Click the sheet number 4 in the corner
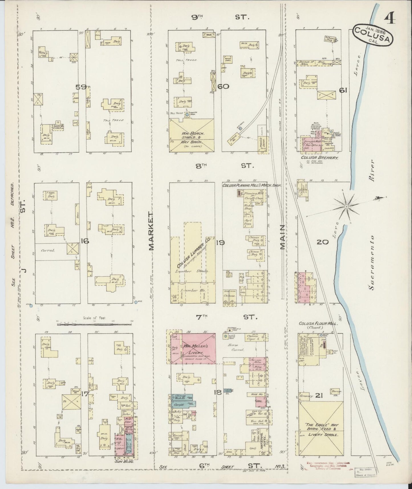(x=389, y=20)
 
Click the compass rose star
(x=346, y=206)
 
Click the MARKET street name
(x=151, y=231)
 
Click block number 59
(x=81, y=87)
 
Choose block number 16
(x=84, y=241)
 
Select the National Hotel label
(x=263, y=445)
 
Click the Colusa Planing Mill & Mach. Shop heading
(x=251, y=185)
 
